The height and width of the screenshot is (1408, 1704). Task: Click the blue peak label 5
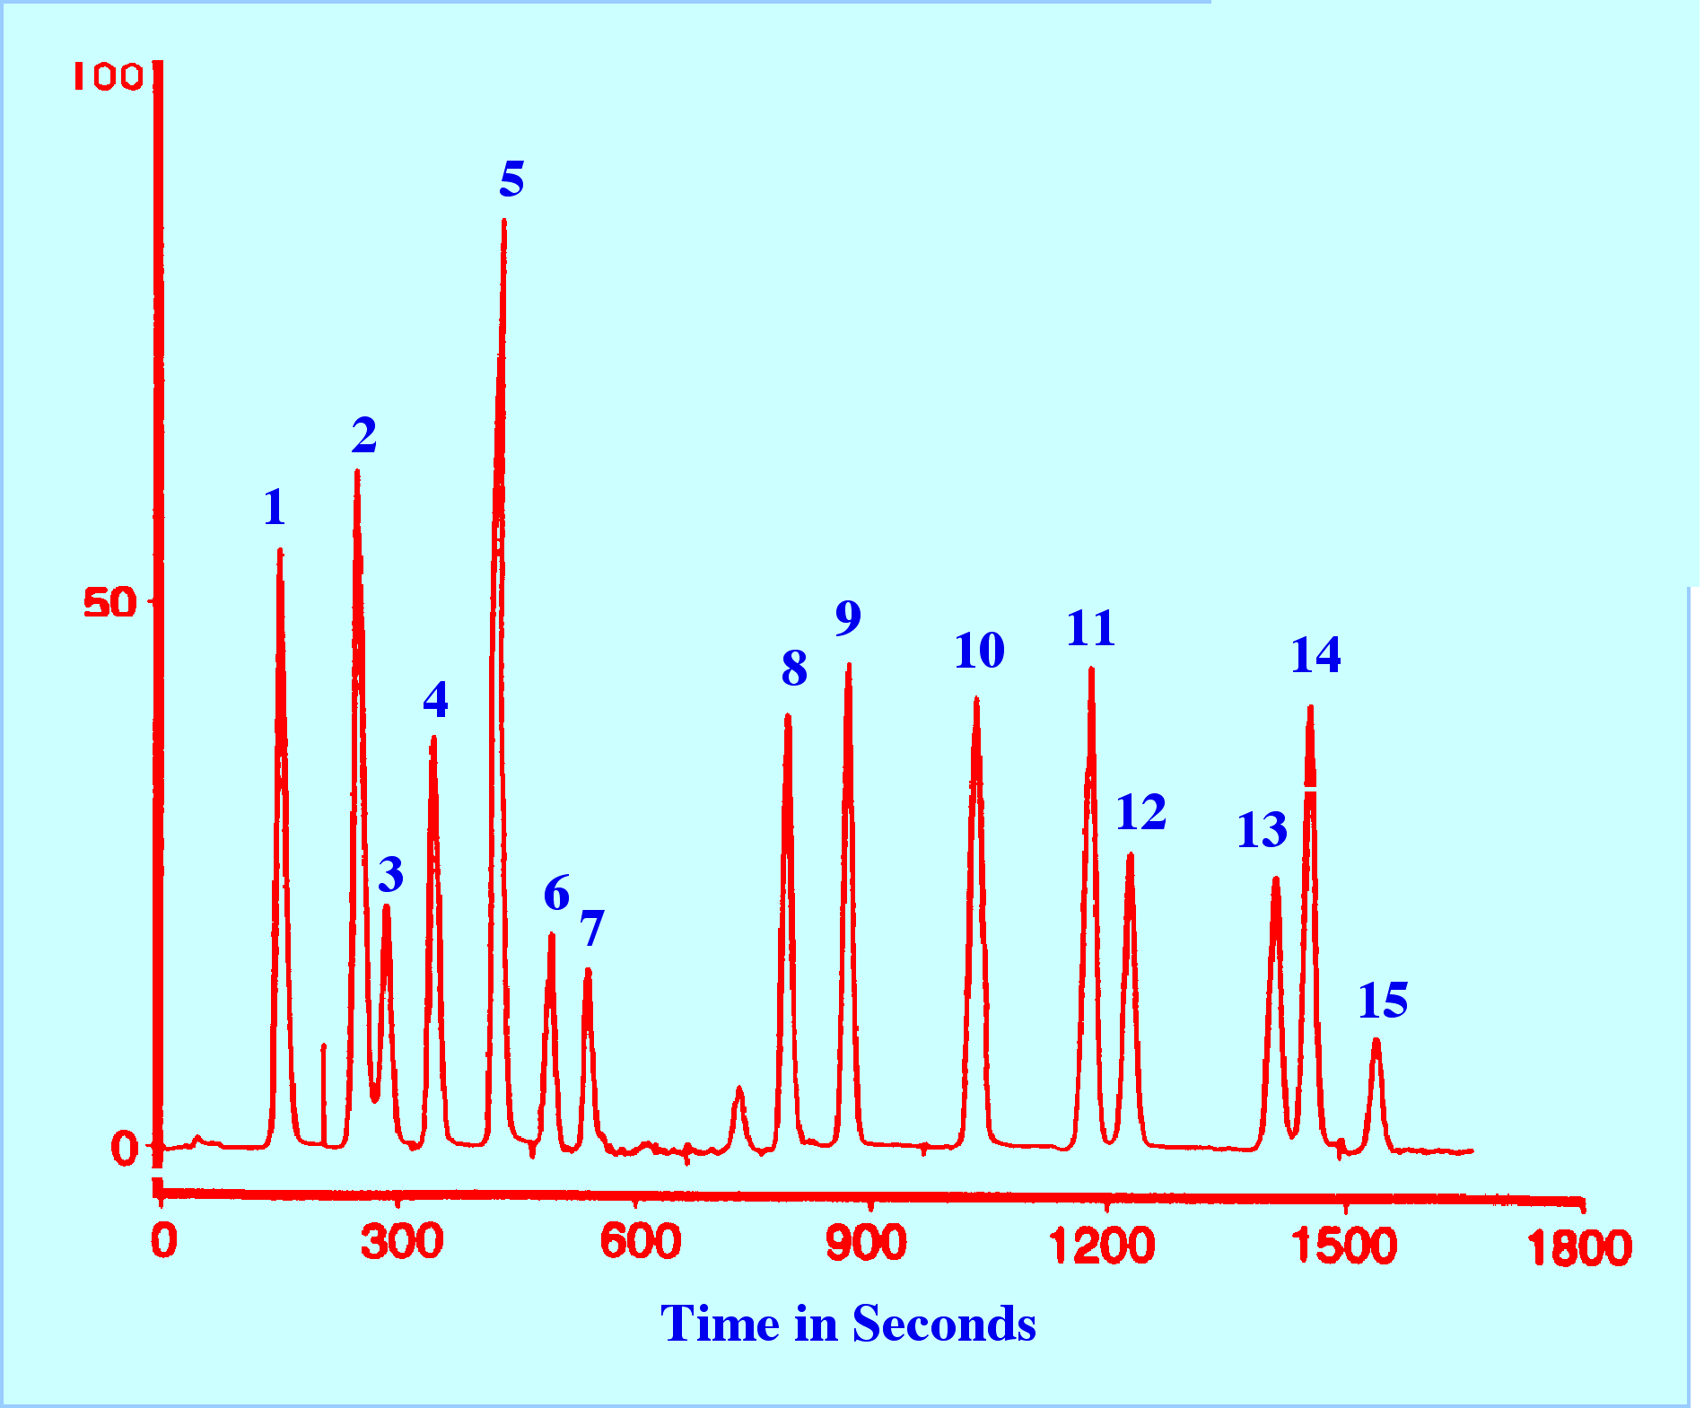pos(511,179)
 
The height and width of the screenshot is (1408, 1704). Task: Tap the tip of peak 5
pos(504,222)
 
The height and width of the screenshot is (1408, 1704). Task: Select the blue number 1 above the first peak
pos(275,508)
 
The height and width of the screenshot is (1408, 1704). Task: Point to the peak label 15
pos(1383,1001)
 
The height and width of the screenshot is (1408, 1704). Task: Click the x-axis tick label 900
pos(866,1244)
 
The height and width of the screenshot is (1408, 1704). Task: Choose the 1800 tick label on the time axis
pos(1579,1247)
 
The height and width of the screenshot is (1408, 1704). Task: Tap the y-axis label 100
pos(108,77)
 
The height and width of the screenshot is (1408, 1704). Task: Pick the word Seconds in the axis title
pos(944,1324)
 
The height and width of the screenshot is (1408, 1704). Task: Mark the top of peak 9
pos(848,667)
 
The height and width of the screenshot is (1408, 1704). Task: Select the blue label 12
pos(1140,813)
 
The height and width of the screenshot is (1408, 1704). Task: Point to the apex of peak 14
pos(1311,709)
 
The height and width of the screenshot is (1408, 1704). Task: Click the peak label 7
pos(591,928)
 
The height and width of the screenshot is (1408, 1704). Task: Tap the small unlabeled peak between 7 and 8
pos(739,1089)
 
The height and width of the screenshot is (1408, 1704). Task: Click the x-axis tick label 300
pos(402,1242)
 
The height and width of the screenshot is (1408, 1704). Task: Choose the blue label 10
pos(979,651)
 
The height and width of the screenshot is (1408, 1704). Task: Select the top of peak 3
pos(387,907)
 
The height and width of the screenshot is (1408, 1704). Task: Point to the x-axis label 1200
pos(1102,1246)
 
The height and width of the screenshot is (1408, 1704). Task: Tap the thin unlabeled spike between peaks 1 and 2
pos(323,1046)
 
